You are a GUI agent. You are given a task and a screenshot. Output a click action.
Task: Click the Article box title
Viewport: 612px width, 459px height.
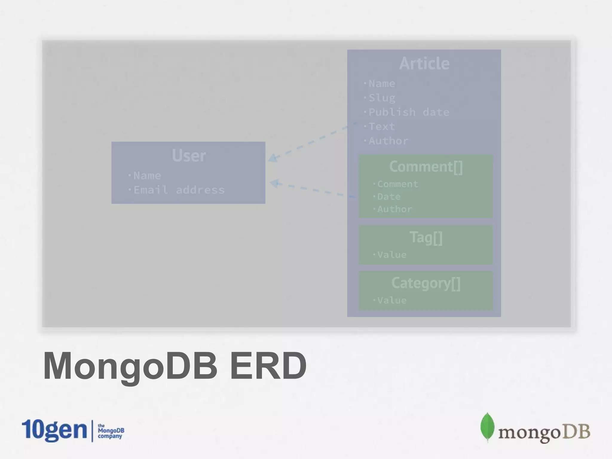[424, 63]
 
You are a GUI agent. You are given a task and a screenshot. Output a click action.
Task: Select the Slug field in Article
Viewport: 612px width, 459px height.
[382, 98]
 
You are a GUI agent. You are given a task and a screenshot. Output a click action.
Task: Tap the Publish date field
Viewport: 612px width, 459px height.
[408, 112]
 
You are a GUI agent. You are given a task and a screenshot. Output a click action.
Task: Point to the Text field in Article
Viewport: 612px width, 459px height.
[382, 127]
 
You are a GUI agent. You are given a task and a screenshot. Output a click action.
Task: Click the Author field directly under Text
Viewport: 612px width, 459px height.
[388, 141]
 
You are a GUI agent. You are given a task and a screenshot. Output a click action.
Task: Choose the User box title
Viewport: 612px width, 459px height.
[189, 155]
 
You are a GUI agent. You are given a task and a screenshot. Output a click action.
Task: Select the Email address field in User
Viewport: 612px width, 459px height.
[179, 190]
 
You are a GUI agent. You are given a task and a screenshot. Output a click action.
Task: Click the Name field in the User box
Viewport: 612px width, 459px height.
[147, 176]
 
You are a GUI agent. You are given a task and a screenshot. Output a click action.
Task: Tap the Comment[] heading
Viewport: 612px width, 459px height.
[426, 167]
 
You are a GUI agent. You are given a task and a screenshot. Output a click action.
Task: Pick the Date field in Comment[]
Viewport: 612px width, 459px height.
[388, 197]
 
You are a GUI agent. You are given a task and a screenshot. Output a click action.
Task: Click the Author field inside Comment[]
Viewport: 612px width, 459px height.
[394, 209]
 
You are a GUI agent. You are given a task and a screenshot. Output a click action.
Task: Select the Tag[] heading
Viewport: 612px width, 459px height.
[426, 238]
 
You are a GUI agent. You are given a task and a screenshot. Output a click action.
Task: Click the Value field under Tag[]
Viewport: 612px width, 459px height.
[391, 255]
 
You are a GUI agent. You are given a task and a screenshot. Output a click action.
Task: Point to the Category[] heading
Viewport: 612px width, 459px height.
[426, 283]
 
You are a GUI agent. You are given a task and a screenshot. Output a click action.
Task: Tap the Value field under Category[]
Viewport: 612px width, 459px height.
[391, 300]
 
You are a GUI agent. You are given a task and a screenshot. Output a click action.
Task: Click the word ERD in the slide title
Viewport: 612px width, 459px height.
[268, 366]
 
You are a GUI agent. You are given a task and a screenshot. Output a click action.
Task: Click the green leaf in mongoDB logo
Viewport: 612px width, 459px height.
[487, 427]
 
